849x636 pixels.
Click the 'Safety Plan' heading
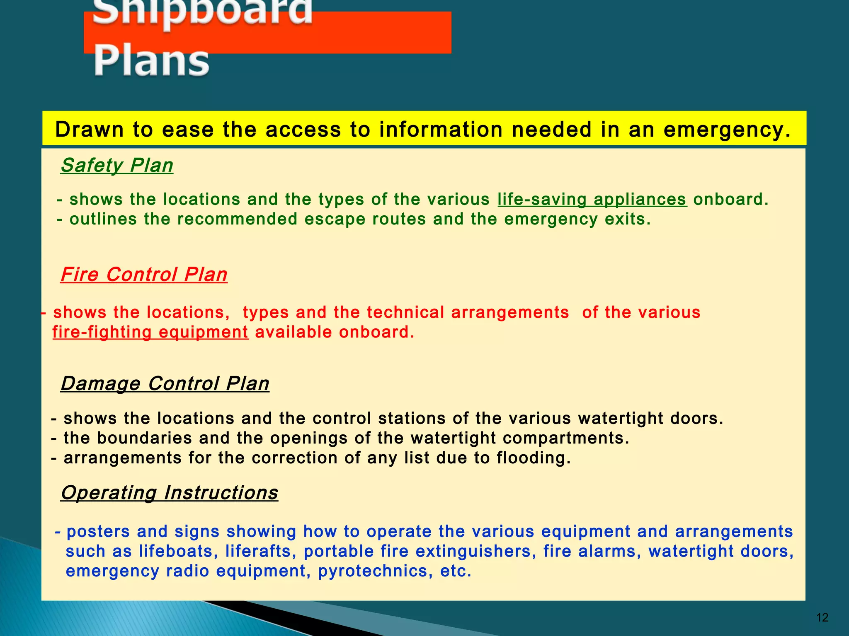pyautogui.click(x=117, y=166)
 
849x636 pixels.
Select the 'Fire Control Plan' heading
pyautogui.click(x=144, y=275)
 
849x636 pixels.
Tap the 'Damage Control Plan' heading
pyautogui.click(x=165, y=383)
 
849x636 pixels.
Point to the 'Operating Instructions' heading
pyautogui.click(x=169, y=493)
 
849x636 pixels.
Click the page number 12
pyautogui.click(x=822, y=618)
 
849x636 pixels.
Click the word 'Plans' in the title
pyautogui.click(x=151, y=61)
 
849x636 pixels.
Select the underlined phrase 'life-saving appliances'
pyautogui.click(x=592, y=200)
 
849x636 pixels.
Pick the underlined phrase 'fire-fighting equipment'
pyautogui.click(x=150, y=332)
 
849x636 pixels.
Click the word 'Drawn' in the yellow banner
pyautogui.click(x=90, y=130)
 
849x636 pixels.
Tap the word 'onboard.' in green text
pyautogui.click(x=731, y=200)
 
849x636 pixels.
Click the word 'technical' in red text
pyautogui.click(x=405, y=313)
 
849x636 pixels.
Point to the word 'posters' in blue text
pyautogui.click(x=98, y=532)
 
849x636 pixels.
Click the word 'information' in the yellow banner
pyautogui.click(x=440, y=130)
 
